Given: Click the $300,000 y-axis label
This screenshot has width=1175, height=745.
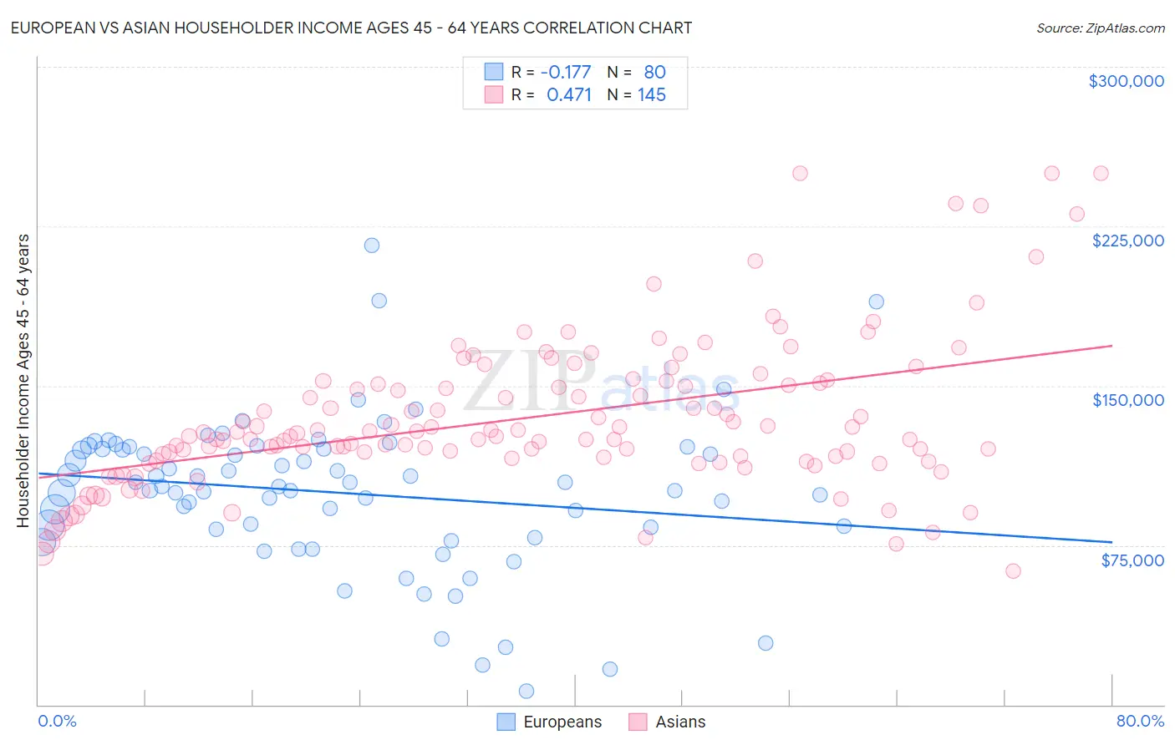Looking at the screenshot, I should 1126,81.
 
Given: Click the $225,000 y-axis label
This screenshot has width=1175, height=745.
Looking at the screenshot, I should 1127,241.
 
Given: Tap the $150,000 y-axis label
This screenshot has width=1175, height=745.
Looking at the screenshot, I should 1127,400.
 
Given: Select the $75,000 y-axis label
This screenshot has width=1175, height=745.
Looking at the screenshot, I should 1132,560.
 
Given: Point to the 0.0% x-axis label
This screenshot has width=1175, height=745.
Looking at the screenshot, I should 57,721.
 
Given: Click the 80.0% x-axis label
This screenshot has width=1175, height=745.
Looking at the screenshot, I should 1140,721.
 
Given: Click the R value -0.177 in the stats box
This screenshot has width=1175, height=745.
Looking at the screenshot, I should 566,73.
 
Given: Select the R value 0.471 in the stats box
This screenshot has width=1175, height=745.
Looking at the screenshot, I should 568,94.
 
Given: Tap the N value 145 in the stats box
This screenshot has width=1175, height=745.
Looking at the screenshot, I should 652,94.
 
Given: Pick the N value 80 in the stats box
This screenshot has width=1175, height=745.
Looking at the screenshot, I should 655,73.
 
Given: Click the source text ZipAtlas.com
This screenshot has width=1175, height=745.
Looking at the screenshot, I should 1100,28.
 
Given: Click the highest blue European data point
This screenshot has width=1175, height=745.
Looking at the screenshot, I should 372,245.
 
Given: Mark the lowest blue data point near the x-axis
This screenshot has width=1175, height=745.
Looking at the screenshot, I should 526,691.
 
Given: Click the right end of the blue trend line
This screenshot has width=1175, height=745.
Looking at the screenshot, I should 1111,542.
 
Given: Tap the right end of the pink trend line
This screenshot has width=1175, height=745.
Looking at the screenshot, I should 1111,345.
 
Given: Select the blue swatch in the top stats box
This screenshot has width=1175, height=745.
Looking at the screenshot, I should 494,73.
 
